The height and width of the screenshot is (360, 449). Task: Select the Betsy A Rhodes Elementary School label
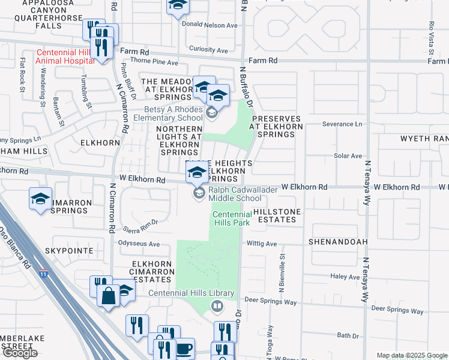(173, 113)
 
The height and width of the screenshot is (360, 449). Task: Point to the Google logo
(20, 353)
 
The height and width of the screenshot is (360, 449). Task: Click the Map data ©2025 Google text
(412, 355)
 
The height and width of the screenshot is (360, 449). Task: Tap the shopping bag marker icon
(108, 296)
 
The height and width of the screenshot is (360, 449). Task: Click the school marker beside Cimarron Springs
(40, 199)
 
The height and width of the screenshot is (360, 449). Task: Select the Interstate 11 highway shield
(44, 274)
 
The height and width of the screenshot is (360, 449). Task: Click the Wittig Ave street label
(262, 244)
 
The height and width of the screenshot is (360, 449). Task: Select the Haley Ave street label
(345, 277)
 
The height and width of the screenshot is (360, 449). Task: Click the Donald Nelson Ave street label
(213, 26)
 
